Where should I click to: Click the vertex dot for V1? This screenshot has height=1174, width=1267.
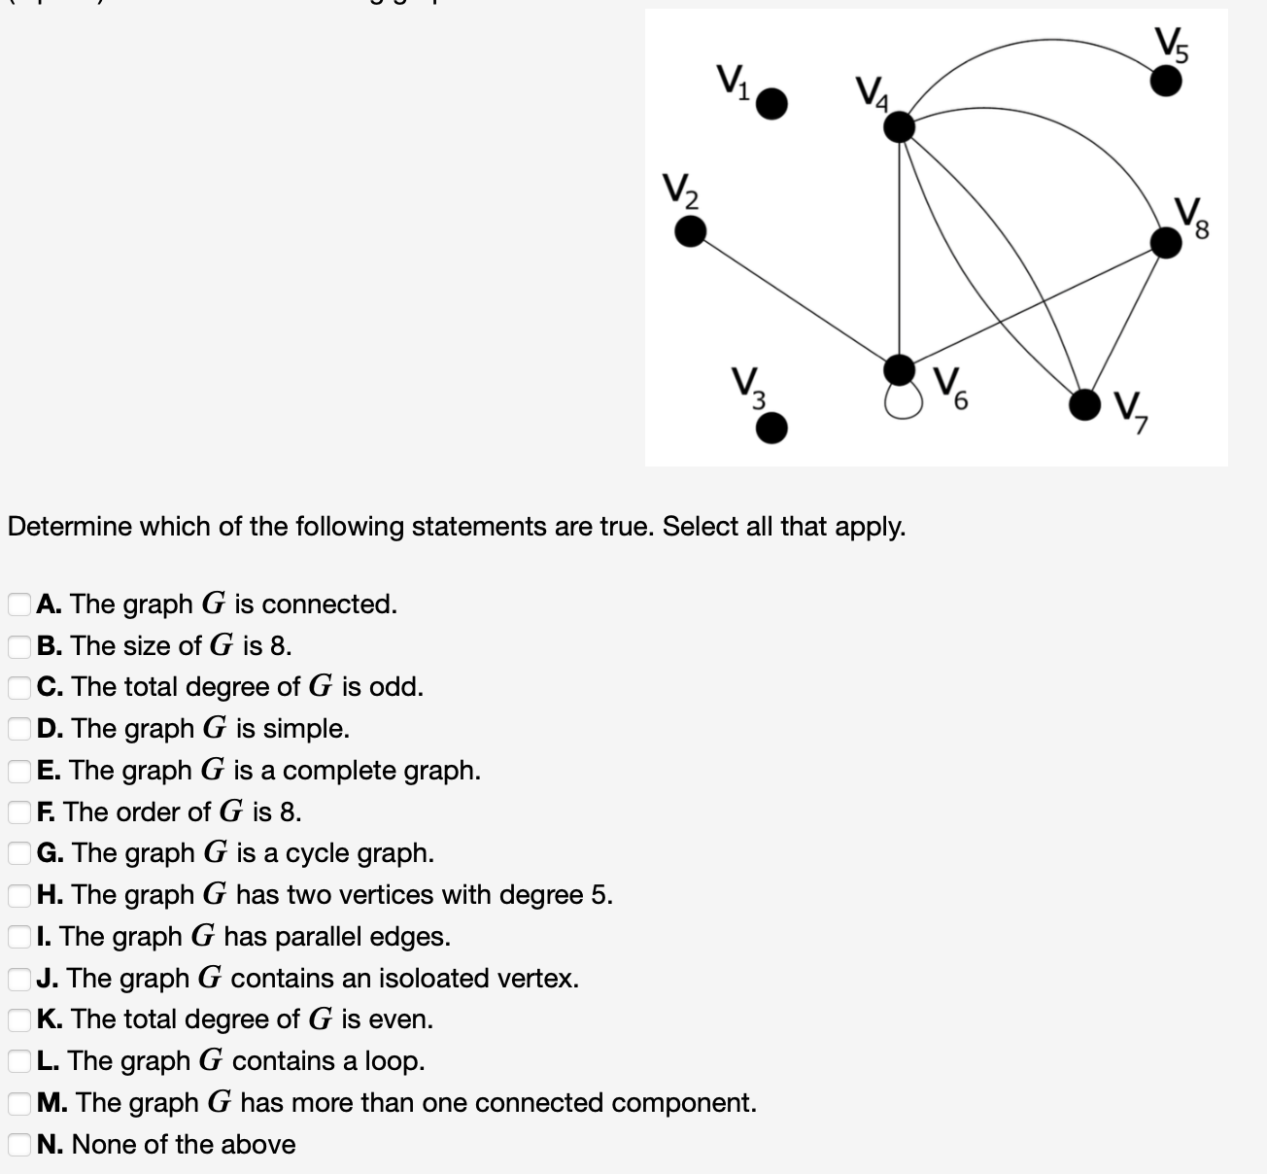tap(771, 103)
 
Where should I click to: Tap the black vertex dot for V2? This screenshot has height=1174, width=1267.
tap(690, 231)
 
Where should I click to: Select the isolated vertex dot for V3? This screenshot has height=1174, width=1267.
tap(771, 428)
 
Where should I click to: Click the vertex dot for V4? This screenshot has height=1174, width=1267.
tap(901, 126)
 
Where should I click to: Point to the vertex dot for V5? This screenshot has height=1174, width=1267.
tap(1166, 80)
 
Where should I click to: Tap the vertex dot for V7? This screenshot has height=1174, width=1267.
tap(1085, 404)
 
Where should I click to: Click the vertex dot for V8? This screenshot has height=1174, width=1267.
tap(1166, 241)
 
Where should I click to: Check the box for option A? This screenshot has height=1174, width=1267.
tap(18, 604)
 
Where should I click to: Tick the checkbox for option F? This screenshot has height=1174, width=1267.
tap(18, 812)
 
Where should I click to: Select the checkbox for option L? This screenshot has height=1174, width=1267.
tap(18, 1061)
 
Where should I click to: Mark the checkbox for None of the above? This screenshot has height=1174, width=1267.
tap(18, 1145)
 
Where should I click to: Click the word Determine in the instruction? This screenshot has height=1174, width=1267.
tap(70, 527)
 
